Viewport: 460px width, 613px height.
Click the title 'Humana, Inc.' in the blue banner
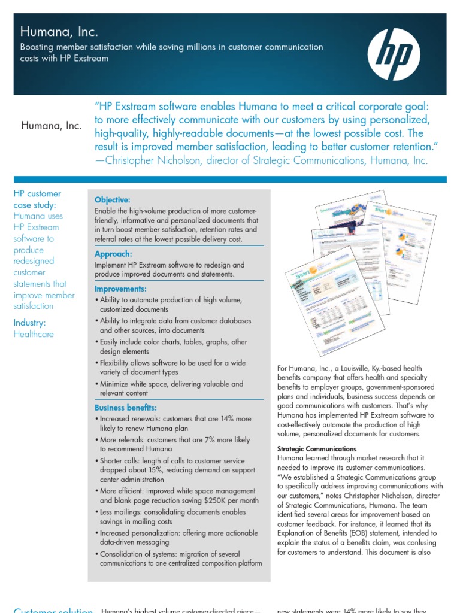click(59, 32)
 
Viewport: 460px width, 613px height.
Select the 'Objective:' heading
click(112, 199)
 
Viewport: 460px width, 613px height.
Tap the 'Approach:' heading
click(113, 254)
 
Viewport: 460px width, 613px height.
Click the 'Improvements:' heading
click(120, 289)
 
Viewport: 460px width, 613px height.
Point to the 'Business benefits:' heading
click(126, 408)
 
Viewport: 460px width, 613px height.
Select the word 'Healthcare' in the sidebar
click(34, 334)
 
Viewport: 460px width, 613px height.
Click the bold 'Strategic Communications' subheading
click(317, 449)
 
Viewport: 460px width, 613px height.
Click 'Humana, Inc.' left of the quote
click(52, 126)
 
